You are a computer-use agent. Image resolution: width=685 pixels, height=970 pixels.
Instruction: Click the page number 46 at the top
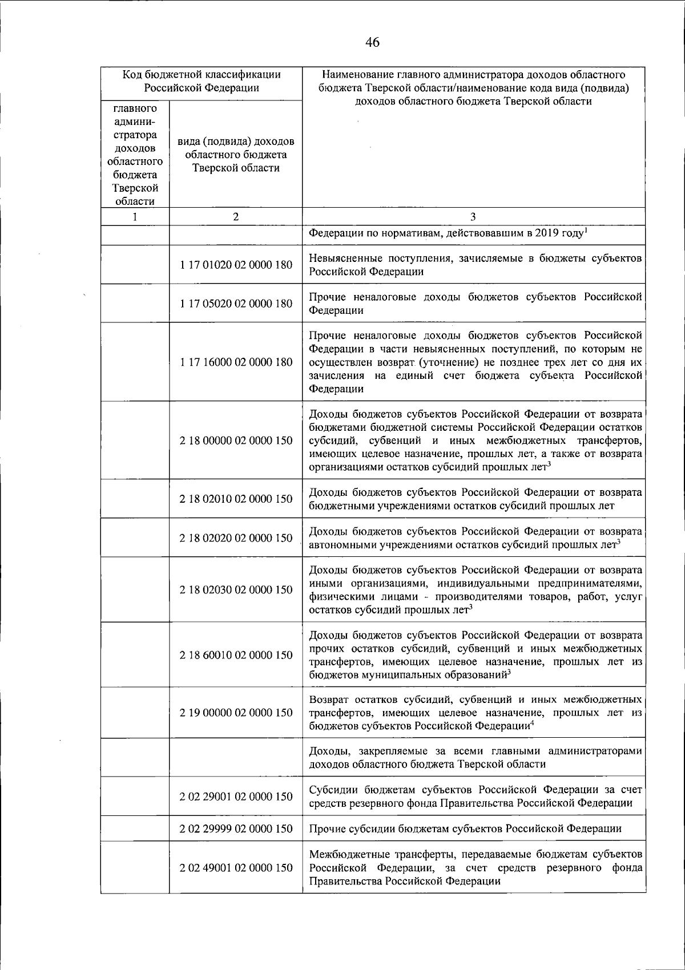coord(372,42)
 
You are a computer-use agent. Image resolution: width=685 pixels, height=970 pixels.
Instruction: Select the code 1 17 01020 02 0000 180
coord(236,265)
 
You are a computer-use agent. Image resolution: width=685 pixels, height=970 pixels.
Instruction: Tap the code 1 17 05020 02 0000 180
coord(236,304)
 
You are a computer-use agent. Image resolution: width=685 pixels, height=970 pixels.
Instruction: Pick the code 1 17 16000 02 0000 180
coord(236,362)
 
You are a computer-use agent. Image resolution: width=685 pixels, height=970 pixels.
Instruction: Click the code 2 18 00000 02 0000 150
coord(236,440)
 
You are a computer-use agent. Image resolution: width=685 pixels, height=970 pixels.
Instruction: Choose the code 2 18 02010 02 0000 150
coord(236,499)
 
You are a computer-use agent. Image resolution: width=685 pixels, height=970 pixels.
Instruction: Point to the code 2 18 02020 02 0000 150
coord(236,538)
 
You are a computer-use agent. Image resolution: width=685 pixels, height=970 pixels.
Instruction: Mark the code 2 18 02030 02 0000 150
coord(236,590)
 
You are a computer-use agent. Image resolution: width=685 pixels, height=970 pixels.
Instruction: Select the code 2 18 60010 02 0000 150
coord(236,655)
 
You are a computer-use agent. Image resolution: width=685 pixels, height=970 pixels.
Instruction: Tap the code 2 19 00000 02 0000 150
coord(236,713)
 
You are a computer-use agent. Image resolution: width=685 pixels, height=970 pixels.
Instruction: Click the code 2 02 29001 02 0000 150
coord(236,797)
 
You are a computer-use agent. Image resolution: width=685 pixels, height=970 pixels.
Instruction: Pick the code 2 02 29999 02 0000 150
coord(236,828)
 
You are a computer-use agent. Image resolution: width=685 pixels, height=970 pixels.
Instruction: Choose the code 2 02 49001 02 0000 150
coord(236,868)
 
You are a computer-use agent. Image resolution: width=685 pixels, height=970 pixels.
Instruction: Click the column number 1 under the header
coord(135,217)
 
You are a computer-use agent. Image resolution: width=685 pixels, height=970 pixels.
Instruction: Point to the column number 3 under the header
coord(473,217)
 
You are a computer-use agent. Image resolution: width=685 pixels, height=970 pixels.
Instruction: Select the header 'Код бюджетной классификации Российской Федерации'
coord(202,81)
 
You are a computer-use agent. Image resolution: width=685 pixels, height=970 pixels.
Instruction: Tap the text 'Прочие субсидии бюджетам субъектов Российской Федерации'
coord(465,828)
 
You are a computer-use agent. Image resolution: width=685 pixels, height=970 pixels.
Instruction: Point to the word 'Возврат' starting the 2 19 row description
coord(328,700)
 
